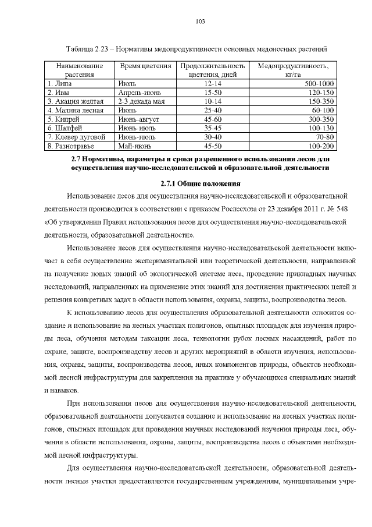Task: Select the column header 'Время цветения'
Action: (145, 66)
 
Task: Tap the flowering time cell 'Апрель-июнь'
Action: (137, 93)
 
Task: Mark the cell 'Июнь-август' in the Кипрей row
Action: (138, 118)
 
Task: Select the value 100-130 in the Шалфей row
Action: (321, 127)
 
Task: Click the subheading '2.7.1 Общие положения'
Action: (197, 182)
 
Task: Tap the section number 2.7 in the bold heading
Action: (74, 158)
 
